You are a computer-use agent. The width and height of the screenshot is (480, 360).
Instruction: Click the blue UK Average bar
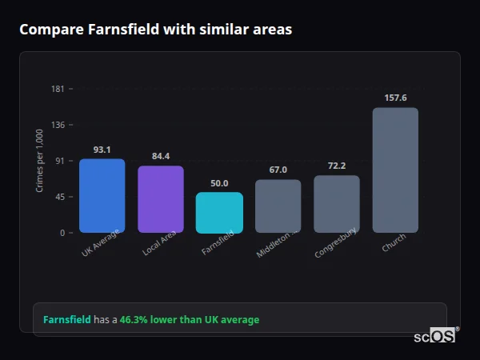coord(102,196)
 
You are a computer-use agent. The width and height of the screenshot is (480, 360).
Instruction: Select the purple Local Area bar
coord(161,199)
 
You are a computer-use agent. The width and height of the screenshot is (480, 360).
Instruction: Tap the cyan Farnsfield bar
coord(219,213)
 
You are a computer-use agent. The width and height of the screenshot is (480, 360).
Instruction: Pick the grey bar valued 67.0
coord(278,206)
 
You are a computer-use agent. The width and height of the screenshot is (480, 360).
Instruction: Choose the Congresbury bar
coord(337,204)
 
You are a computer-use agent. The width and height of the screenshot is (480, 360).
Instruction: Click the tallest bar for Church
coord(395,170)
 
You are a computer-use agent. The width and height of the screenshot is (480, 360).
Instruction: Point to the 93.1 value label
coord(102,150)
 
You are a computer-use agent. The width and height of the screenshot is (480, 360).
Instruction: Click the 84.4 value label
coord(161,156)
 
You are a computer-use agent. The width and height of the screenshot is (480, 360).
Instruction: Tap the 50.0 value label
coord(219,183)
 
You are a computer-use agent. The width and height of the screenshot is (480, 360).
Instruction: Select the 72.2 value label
coord(337,166)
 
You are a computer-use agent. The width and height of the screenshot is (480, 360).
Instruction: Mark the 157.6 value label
coord(395,98)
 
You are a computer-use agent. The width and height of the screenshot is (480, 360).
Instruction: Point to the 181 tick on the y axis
coord(58,89)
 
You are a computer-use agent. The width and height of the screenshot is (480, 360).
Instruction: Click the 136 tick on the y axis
coord(58,125)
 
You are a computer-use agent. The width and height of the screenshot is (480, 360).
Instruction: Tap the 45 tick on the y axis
coord(60,197)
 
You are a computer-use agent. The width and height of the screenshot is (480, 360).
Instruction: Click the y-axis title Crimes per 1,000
coord(39,161)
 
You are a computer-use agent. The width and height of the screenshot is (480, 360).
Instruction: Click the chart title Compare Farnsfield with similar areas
coord(155,30)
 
